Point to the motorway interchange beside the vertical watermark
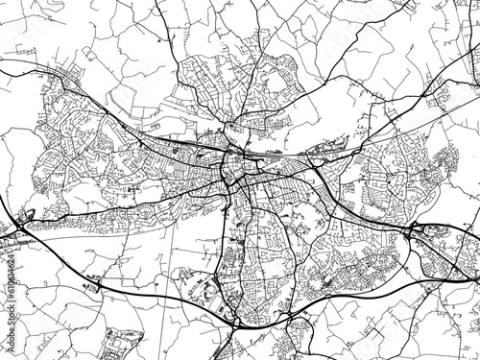[21, 228]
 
